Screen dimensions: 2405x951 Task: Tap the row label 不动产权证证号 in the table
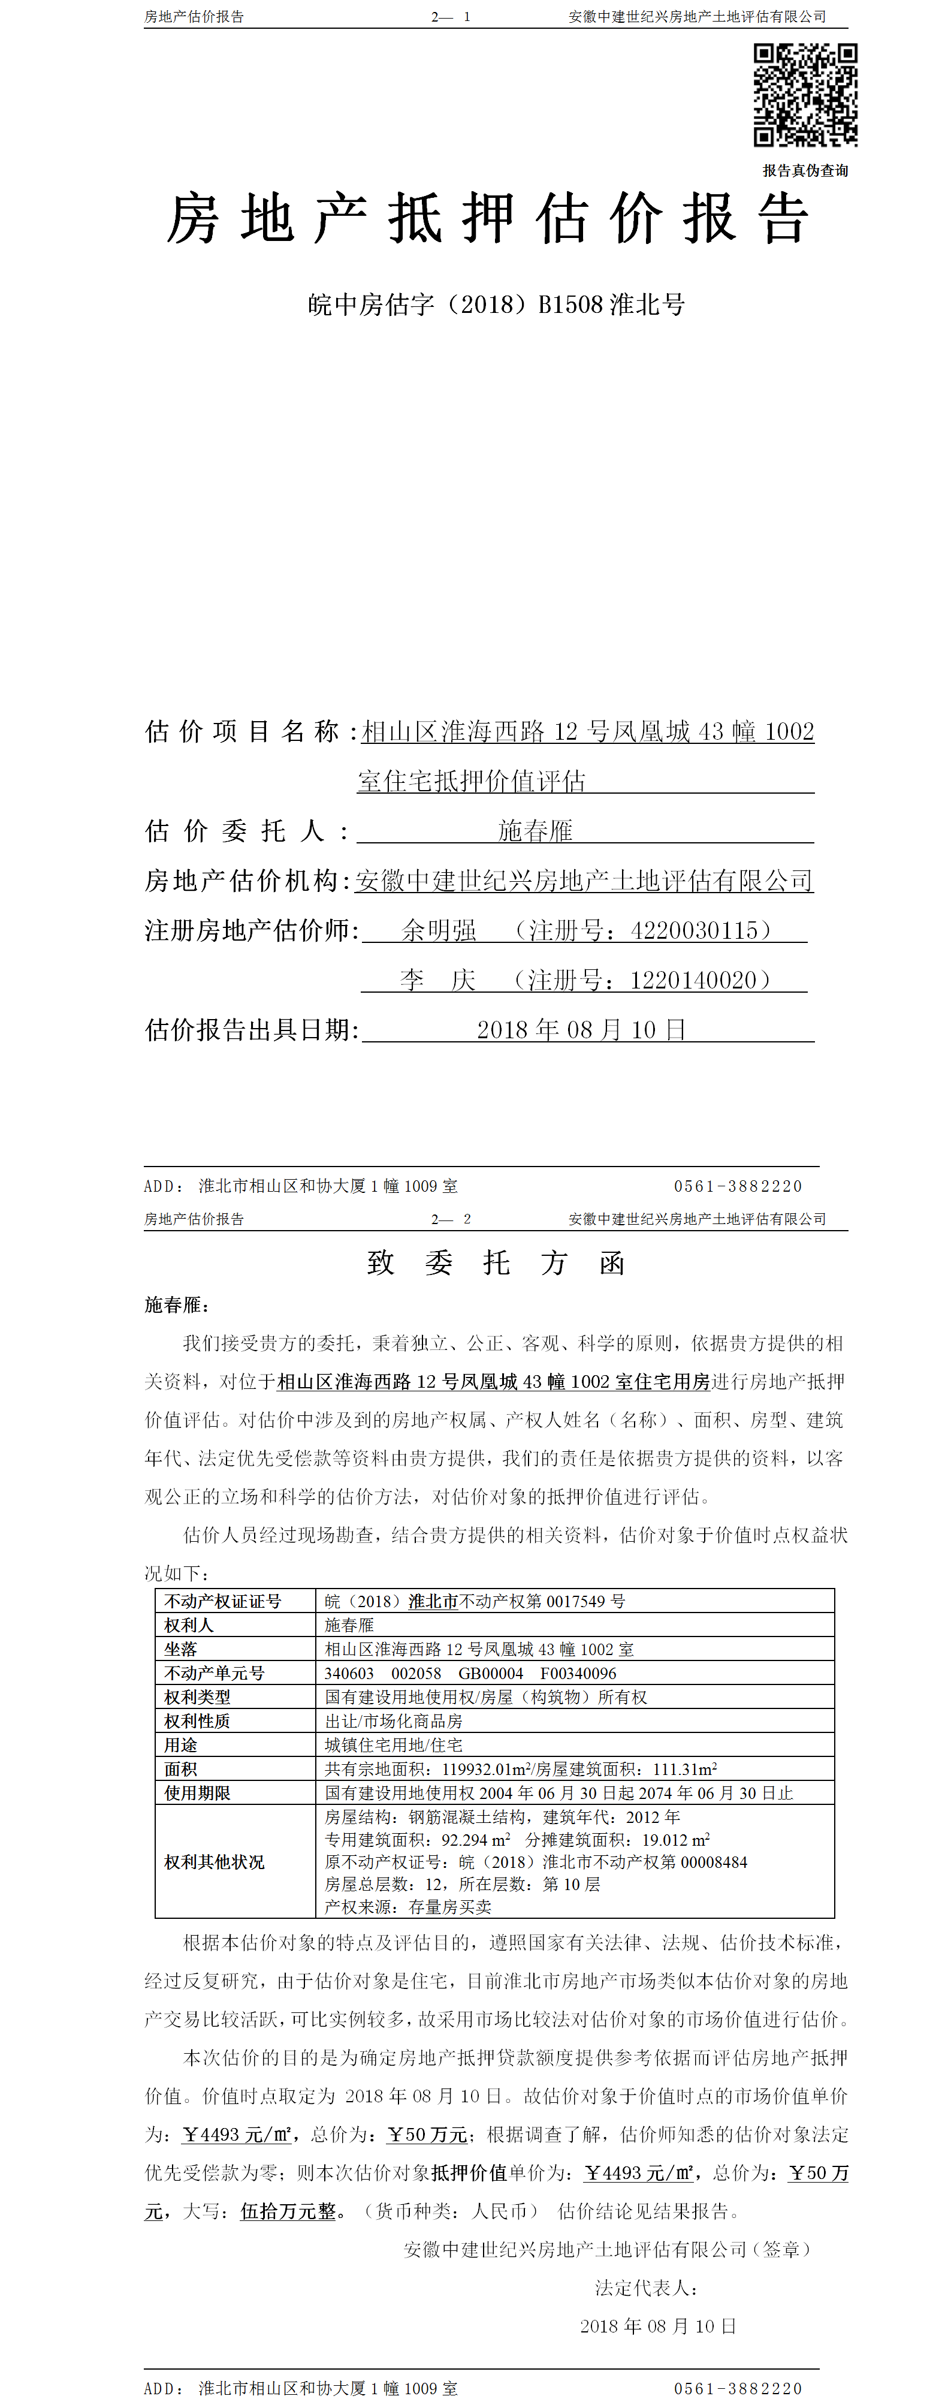222,1601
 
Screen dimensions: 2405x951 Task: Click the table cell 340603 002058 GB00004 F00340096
470,1673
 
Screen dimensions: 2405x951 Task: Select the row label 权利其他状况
215,1862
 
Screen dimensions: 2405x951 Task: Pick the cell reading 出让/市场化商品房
393,1720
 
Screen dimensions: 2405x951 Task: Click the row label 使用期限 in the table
197,1792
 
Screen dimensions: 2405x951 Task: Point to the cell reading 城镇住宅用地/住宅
393,1745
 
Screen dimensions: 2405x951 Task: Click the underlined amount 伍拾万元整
288,2212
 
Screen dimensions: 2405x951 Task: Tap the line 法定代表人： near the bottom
646,2288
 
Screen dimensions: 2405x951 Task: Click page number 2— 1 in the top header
451,17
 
